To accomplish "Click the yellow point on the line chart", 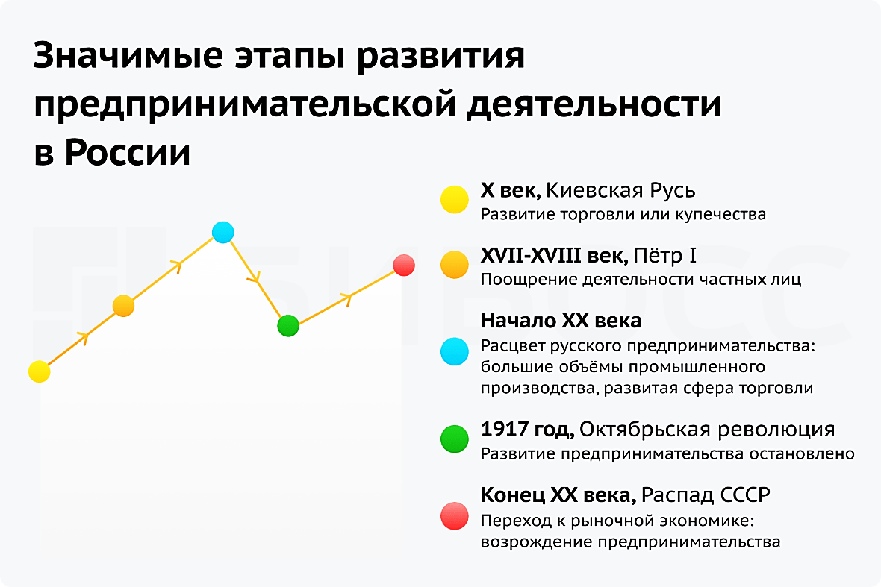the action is pos(40,371).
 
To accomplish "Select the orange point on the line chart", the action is pos(124,306).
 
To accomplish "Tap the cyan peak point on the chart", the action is pos(223,232).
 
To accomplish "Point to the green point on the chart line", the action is pos(288,325).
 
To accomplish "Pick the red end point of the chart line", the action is pos(403,265).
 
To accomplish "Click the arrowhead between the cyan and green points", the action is pos(255,277).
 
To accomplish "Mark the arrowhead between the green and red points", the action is pos(346,298).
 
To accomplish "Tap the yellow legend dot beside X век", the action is pos(455,200).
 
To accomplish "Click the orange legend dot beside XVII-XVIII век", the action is pos(455,264).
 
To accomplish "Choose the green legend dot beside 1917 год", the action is pos(455,439).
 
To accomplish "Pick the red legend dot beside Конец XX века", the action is pos(455,515).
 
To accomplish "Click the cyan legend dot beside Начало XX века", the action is pos(455,351).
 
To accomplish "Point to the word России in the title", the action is pos(128,152).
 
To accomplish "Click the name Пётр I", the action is pos(664,256).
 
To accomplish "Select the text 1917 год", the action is pos(527,430).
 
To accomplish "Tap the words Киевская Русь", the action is pos(620,191).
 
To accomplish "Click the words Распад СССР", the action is pos(706,495).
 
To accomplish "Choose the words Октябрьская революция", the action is pos(707,430).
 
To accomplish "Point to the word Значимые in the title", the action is pos(128,56).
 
